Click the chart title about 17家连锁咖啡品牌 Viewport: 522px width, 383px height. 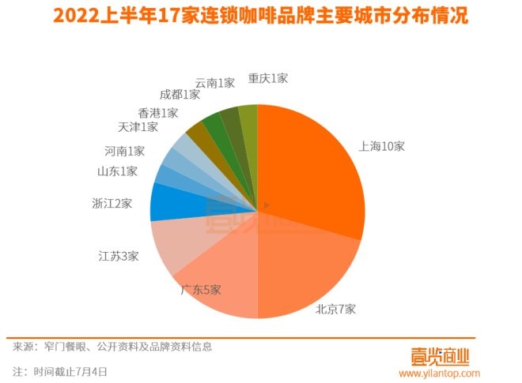pos(260,17)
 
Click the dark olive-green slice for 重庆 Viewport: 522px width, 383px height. pos(248,118)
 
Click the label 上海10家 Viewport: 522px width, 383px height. pos(381,147)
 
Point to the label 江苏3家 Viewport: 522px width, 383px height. pos(118,256)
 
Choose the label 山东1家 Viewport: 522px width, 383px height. pos(117,171)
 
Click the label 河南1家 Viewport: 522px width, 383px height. pos(125,150)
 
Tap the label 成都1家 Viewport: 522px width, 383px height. pos(180,95)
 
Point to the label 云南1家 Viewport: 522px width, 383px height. pos(215,83)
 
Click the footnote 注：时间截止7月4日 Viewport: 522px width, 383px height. pos(59,370)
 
